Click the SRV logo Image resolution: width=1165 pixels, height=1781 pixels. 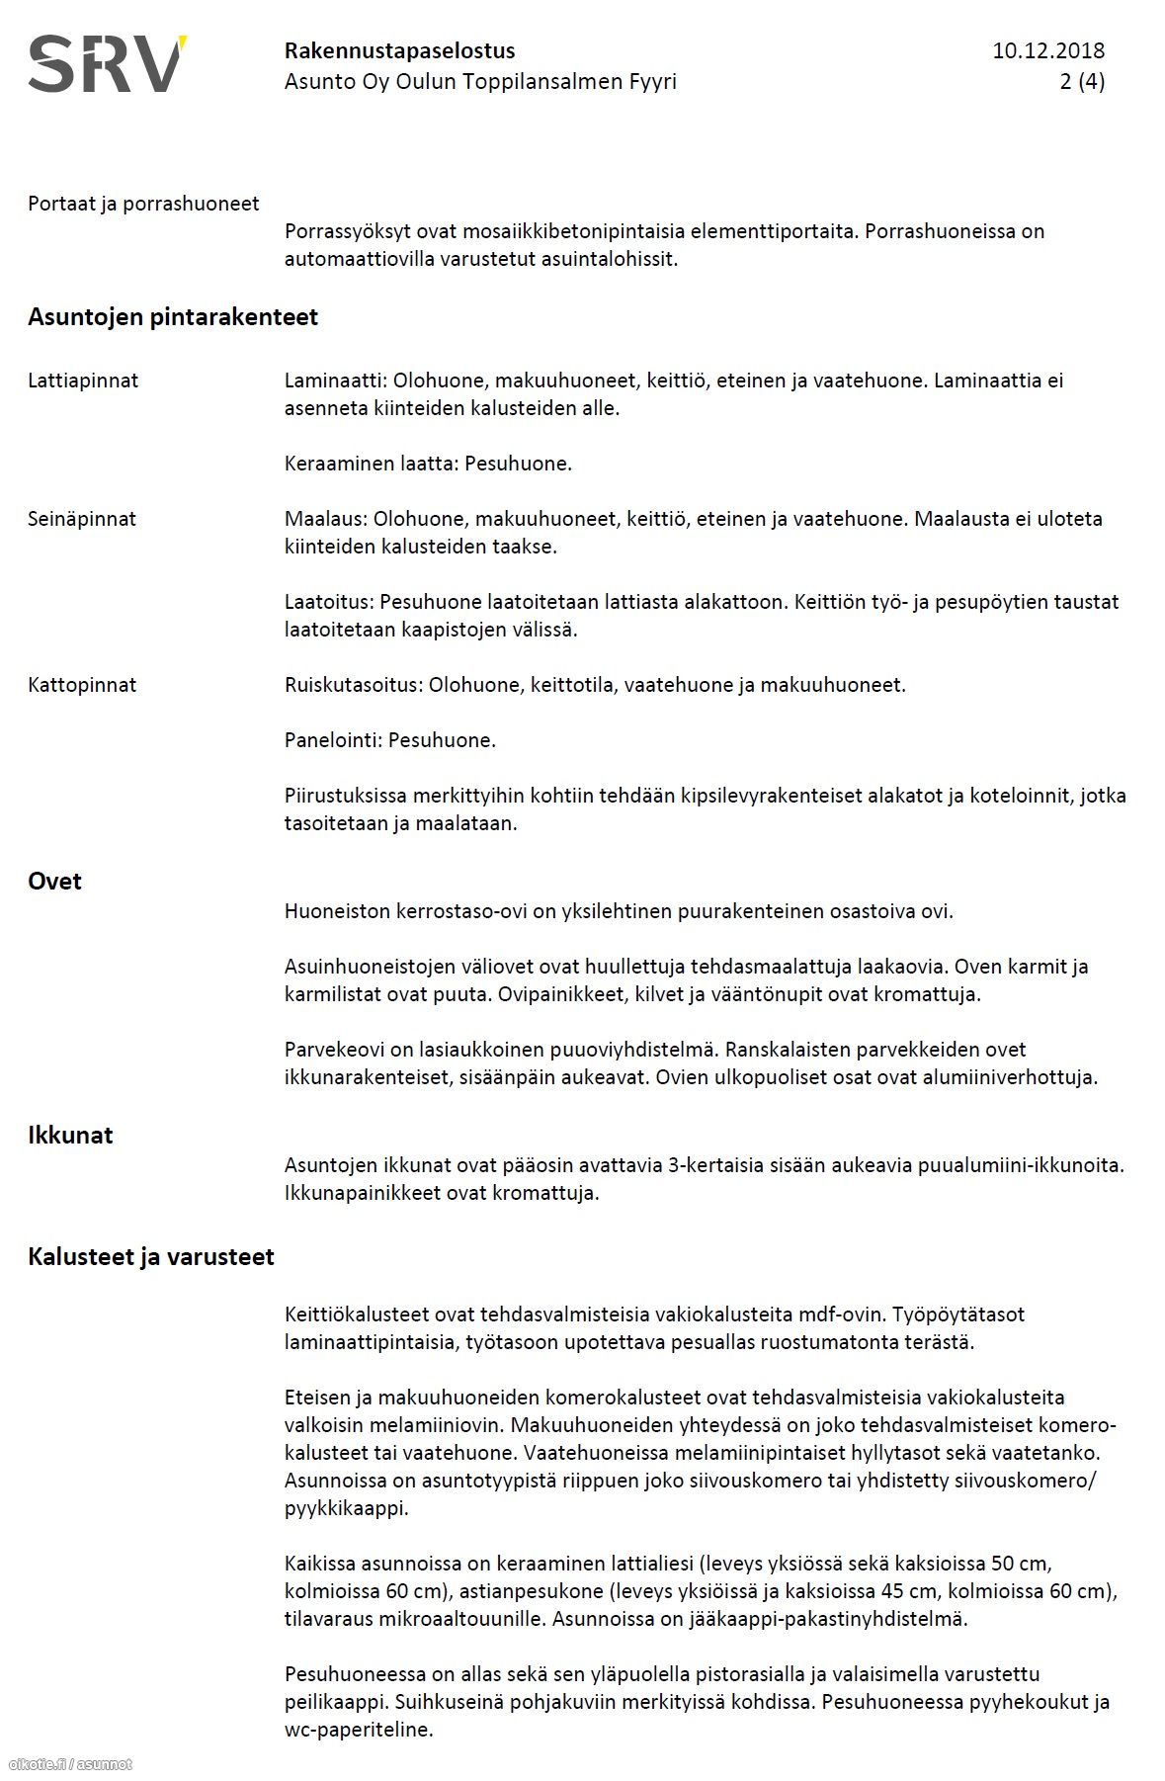click(107, 64)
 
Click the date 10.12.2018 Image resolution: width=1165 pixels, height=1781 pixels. click(1048, 50)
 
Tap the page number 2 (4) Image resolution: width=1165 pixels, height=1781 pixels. click(1082, 81)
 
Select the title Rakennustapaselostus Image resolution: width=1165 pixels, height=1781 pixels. click(399, 50)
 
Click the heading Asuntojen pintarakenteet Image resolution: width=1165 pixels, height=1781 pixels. click(173, 317)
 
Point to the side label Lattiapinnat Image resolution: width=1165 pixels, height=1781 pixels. click(83, 381)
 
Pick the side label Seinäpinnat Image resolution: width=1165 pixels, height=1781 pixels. click(82, 519)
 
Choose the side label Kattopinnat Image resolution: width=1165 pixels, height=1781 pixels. click(82, 685)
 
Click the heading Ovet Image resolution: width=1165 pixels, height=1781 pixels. click(54, 882)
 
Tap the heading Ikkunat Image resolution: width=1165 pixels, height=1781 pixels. click(70, 1135)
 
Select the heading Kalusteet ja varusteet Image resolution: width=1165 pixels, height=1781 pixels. click(151, 1257)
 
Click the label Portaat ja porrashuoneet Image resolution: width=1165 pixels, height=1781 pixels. click(143, 204)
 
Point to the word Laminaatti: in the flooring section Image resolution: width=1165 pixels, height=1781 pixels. click(335, 381)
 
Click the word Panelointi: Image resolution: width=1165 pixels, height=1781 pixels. click(333, 740)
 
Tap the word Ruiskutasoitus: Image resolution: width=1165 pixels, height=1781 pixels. click(353, 685)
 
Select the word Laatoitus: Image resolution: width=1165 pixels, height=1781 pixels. click(329, 602)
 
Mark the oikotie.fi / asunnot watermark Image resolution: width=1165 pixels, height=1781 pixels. click(69, 1764)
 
